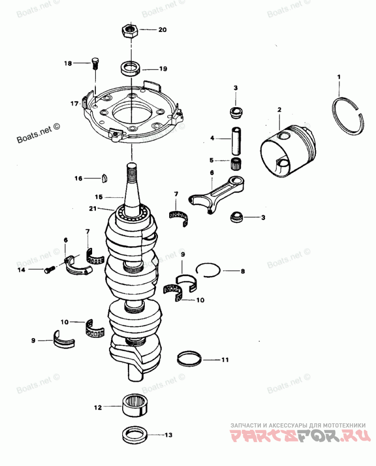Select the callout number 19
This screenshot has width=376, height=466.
coord(163,69)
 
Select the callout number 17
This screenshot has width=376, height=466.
coord(74,103)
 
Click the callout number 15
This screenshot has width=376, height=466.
coord(98,196)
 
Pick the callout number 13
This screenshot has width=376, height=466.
coord(168,435)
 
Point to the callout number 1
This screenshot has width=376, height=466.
coord(339,76)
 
